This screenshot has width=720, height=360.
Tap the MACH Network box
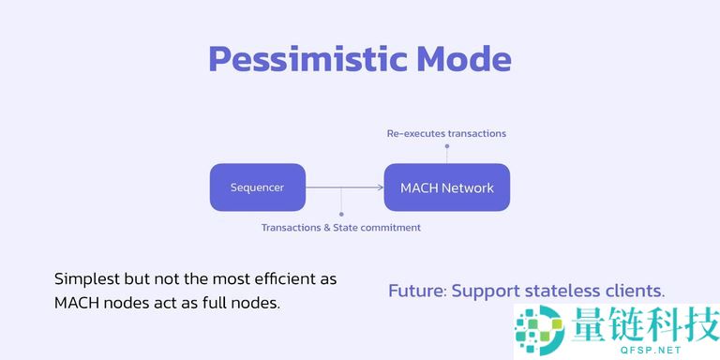point(446,187)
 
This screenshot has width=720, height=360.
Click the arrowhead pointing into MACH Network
point(380,187)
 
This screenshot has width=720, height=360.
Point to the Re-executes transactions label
point(446,133)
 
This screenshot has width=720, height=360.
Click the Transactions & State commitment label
point(340,227)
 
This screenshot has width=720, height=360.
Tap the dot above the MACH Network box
point(446,146)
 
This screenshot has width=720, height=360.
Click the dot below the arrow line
point(340,215)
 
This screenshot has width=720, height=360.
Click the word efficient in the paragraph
point(279,279)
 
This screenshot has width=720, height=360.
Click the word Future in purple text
point(415,291)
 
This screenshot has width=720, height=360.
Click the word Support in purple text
point(484,291)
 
